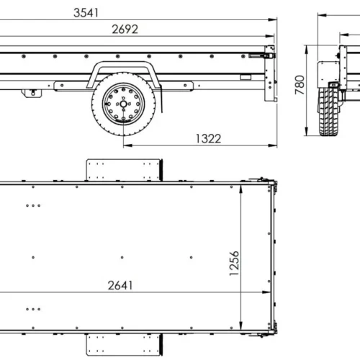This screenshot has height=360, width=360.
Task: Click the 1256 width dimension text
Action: [x=233, y=264]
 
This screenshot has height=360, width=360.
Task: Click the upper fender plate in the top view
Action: [x=123, y=170]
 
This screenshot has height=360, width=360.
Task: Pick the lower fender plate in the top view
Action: [x=123, y=343]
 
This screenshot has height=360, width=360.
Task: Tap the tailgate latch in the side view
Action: [x=269, y=53]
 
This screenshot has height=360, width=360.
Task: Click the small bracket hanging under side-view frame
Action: [x=31, y=92]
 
